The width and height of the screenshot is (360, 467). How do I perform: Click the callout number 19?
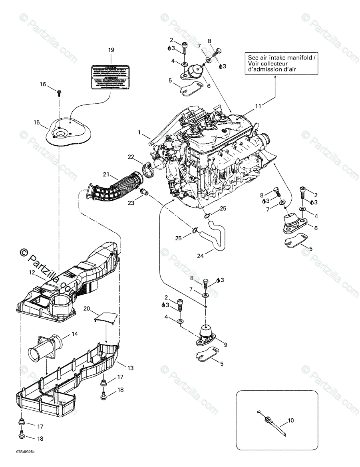coord(111,50)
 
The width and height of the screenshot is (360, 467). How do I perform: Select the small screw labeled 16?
coord(59,93)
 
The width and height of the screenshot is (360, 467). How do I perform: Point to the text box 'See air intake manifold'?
coord(281,63)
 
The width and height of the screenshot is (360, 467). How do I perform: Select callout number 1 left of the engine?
coord(139,132)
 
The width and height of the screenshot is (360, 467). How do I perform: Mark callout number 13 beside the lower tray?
coord(131,368)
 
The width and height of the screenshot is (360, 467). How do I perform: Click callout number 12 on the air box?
coord(32,272)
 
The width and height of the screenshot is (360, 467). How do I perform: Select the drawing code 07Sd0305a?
coord(25,452)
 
